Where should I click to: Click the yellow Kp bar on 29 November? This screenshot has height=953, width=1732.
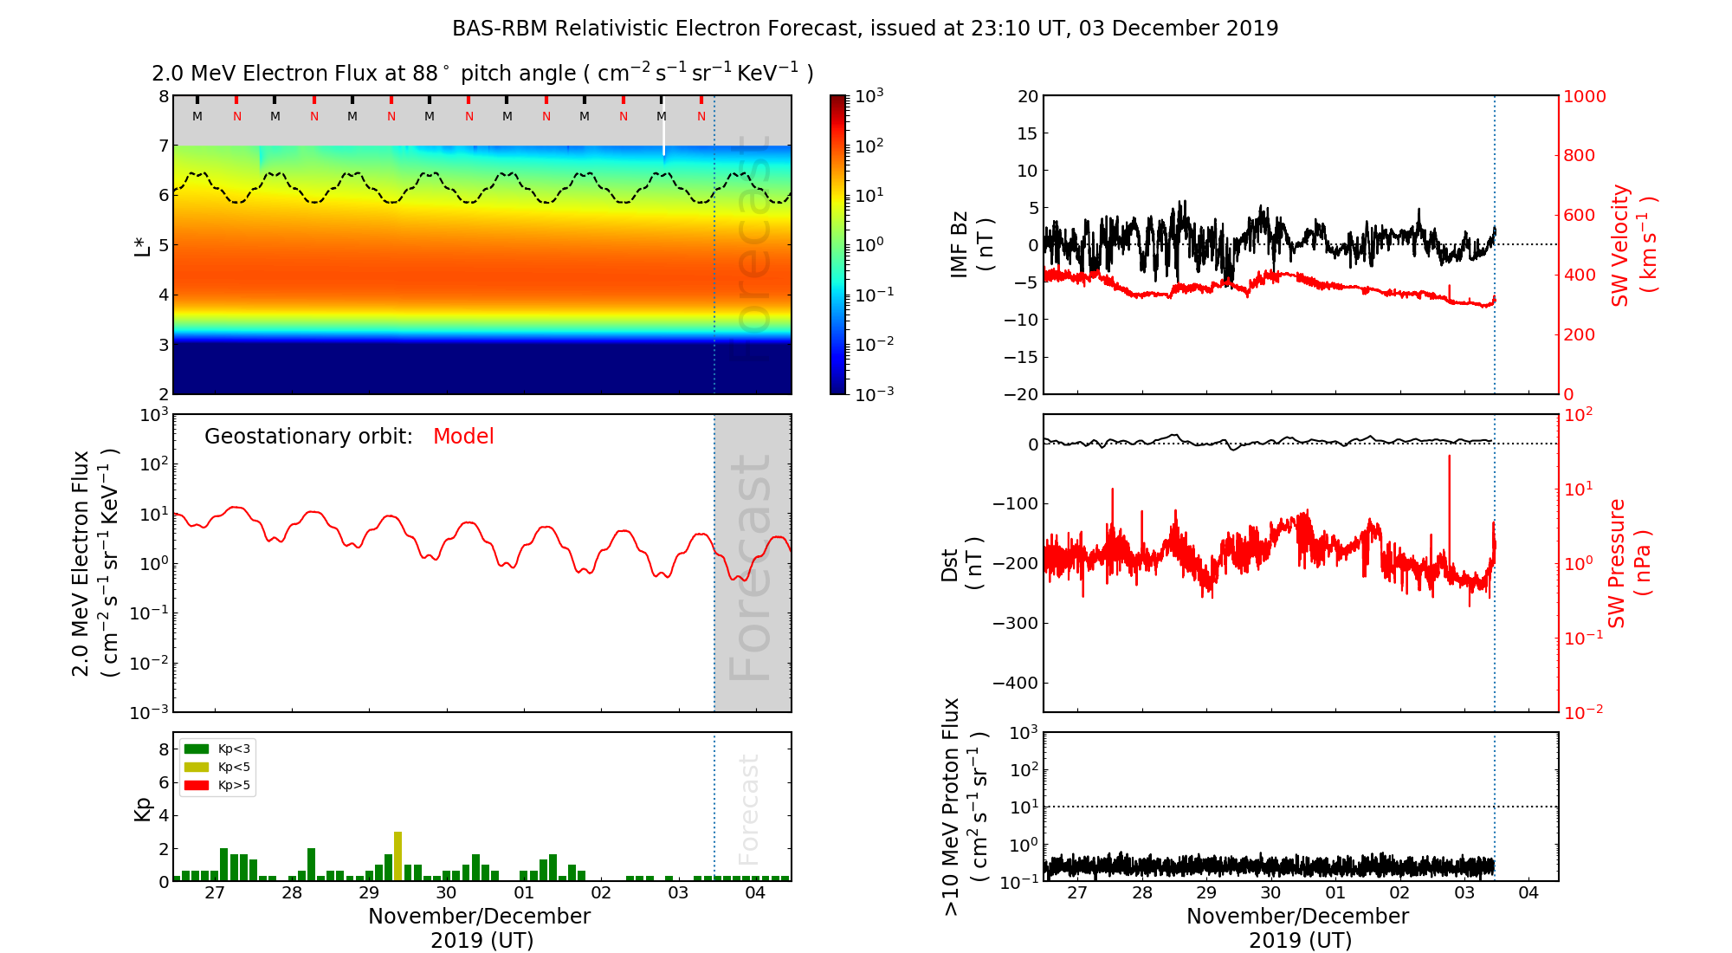click(397, 856)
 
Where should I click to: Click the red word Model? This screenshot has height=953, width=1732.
click(463, 437)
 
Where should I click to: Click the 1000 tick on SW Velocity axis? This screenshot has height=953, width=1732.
click(1584, 96)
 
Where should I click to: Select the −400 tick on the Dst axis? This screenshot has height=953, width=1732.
click(1015, 683)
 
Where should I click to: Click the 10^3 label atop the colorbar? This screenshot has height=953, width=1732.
click(869, 95)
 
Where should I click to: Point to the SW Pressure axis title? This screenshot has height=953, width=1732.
click(1629, 563)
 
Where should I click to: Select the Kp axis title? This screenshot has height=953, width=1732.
click(143, 809)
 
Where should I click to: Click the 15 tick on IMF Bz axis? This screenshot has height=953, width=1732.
click(1027, 133)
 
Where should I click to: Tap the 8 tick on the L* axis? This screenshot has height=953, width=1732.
click(163, 96)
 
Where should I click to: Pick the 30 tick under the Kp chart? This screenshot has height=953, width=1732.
click(446, 893)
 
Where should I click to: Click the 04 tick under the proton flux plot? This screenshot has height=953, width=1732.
click(1528, 893)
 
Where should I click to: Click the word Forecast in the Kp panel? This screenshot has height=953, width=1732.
click(748, 809)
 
